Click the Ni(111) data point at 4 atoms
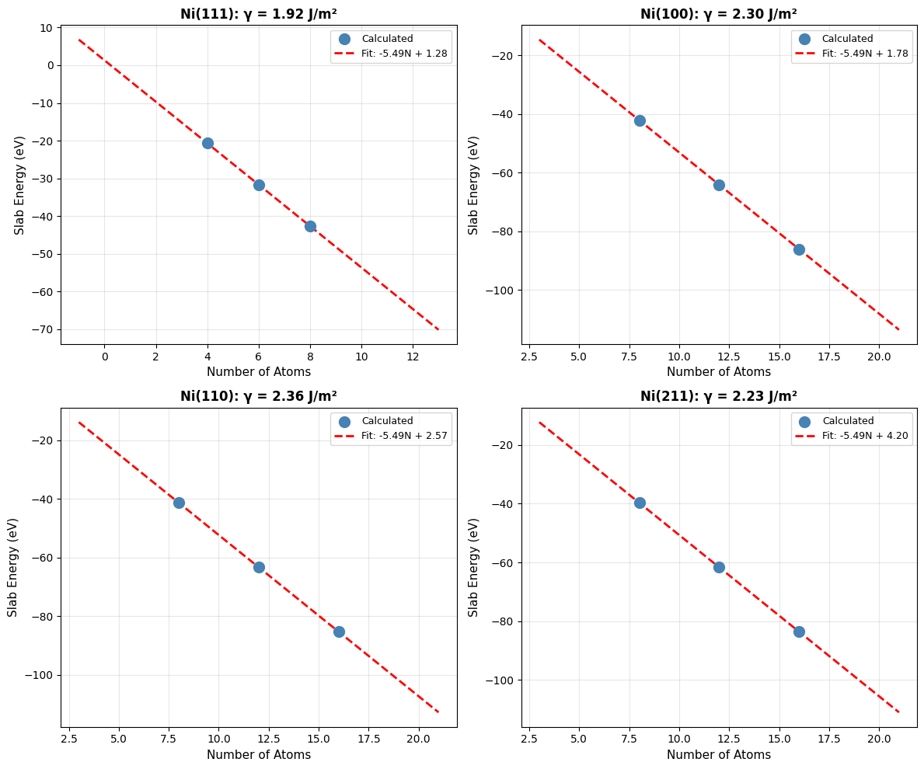[207, 143]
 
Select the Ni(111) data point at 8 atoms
[310, 226]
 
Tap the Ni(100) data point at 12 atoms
[719, 185]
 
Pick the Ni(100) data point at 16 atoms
[799, 249]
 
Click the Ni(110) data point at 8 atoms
[179, 503]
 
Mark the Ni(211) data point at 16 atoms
[799, 632]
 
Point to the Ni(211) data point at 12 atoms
[719, 567]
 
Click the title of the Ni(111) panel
[258, 13]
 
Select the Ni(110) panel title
[258, 396]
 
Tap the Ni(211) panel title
[718, 396]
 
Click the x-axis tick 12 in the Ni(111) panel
[413, 357]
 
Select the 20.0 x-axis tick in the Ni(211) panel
[879, 739]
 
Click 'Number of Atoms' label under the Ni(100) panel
[718, 372]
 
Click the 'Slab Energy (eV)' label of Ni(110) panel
[13, 567]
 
